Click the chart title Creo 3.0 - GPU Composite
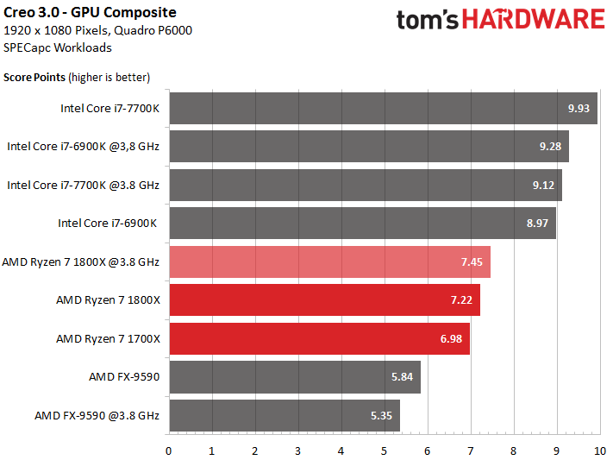point(90,13)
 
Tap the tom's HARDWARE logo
point(500,20)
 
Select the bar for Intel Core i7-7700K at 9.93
point(383,108)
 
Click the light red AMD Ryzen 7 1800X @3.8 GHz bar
point(330,262)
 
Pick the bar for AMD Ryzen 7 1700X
point(319,338)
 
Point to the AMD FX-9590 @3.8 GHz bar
point(285,415)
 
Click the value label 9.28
point(550,147)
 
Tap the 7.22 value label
point(461,300)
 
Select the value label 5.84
point(402,377)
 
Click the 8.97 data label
point(537,224)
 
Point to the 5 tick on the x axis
point(384,451)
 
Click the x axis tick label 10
point(600,451)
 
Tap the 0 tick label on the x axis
point(168,451)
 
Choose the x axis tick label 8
point(513,451)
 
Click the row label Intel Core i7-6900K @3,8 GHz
point(84,147)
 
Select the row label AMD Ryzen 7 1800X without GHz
point(109,300)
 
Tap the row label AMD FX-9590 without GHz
point(124,377)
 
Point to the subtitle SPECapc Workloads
point(58,47)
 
